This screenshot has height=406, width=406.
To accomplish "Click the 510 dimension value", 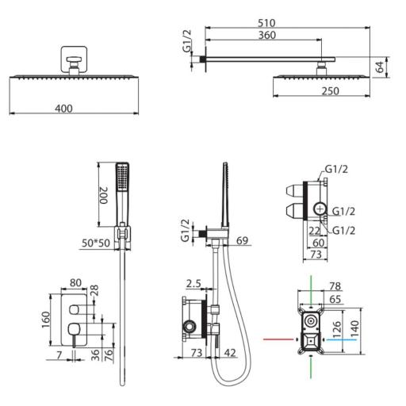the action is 266,23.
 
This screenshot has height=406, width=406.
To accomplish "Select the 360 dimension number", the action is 267,35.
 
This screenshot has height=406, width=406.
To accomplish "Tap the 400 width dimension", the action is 63,109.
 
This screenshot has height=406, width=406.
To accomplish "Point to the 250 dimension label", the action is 330,91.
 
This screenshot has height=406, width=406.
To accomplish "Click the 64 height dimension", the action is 380,67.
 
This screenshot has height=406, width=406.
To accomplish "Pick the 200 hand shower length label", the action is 104,195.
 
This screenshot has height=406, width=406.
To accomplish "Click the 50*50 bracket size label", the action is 96,243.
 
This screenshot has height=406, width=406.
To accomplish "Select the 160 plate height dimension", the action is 46,320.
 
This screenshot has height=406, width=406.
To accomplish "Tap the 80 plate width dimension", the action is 75,283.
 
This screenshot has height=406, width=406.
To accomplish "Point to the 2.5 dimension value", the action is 193,284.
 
